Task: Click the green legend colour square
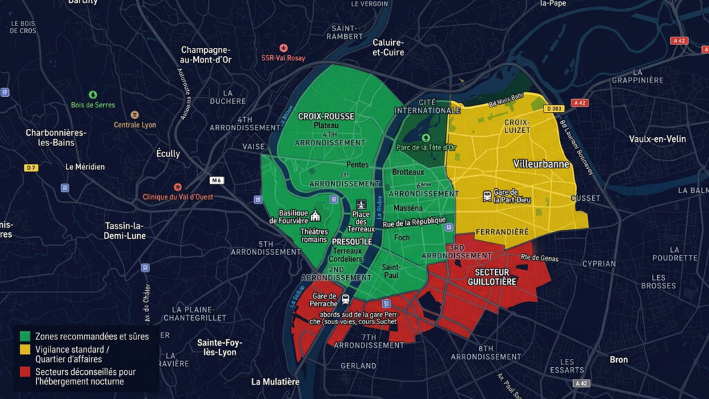tap(25, 337)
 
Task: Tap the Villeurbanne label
tap(541, 164)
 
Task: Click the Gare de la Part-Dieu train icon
tap(487, 196)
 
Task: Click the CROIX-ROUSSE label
tap(326, 116)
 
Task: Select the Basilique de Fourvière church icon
tap(316, 215)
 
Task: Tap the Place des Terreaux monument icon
tap(360, 205)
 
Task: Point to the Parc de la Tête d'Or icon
tap(426, 138)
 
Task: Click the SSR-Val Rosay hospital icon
tap(283, 48)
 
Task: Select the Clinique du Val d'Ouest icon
tap(178, 187)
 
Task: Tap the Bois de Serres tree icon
tap(93, 94)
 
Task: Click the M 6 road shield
tap(217, 181)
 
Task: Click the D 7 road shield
tap(30, 168)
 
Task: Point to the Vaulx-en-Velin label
tap(657, 139)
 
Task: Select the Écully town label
tap(168, 154)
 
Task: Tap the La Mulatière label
tap(276, 382)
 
